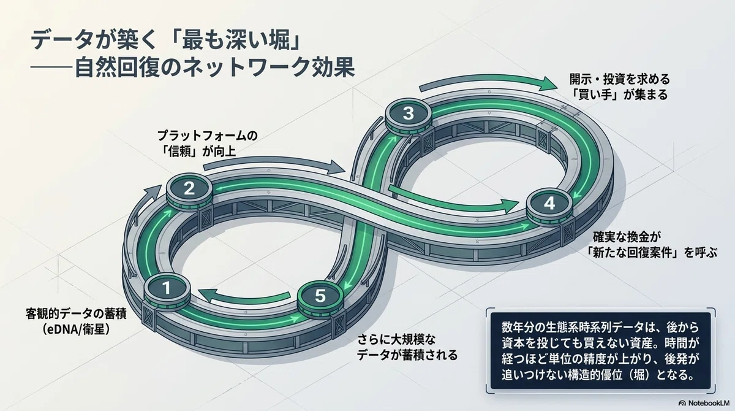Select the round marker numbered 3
pyautogui.click(x=409, y=116)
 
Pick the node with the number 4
pyautogui.click(x=549, y=206)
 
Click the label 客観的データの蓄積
pyautogui.click(x=76, y=313)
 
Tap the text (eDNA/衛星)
pyautogui.click(x=76, y=329)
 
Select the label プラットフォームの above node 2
pyautogui.click(x=208, y=136)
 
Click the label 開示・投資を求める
pyautogui.click(x=619, y=79)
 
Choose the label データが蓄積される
pyautogui.click(x=407, y=355)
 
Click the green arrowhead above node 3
pyautogui.click(x=548, y=83)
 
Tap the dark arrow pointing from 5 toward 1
pyautogui.click(x=244, y=296)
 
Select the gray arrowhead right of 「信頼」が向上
pyautogui.click(x=337, y=167)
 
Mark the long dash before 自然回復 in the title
pyautogui.click(x=52, y=67)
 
